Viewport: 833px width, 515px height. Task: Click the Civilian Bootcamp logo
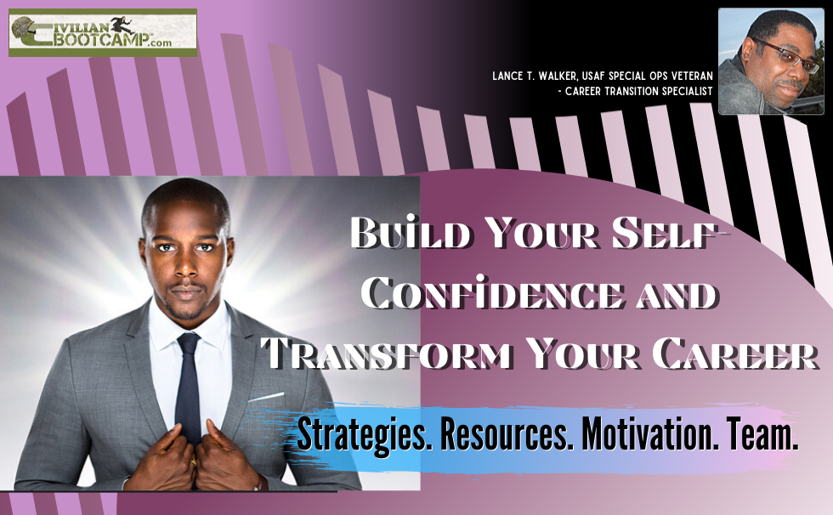click(103, 32)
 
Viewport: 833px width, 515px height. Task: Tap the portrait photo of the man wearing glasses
click(771, 61)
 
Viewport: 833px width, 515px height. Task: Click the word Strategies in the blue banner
click(364, 434)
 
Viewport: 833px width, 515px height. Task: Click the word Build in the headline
click(410, 233)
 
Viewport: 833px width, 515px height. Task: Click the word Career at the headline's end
click(735, 353)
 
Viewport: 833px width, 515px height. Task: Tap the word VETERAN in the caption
click(689, 76)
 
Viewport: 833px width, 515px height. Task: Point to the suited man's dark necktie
click(188, 388)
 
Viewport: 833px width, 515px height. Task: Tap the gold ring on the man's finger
click(194, 461)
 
